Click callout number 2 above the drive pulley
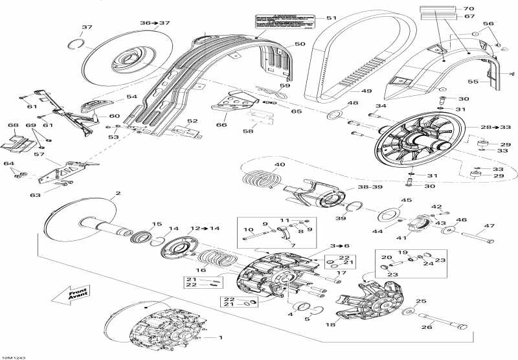pos(118,193)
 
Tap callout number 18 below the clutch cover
pos(331,323)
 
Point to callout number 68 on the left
pos(12,125)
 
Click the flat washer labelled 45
pos(390,213)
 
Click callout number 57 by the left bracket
pos(38,155)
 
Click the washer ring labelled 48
pos(333,116)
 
